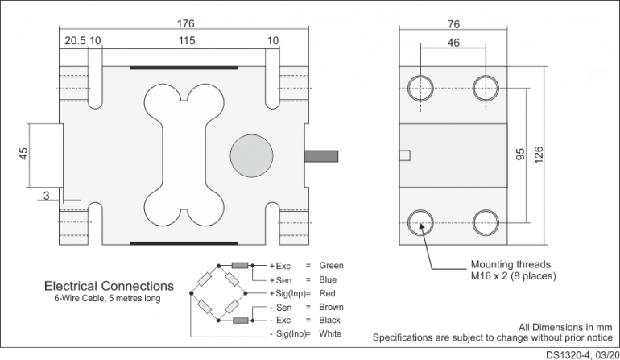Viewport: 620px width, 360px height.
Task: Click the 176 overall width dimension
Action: point(185,23)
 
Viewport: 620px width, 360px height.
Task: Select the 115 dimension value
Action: point(187,41)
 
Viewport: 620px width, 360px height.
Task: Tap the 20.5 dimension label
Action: point(75,41)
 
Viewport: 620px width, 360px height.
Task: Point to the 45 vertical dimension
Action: point(23,154)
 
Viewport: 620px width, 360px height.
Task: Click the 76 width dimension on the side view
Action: point(453,24)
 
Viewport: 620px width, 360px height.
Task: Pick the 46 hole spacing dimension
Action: point(453,43)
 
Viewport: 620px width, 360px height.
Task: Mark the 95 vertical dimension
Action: point(520,155)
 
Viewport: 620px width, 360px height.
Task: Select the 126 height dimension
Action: point(539,155)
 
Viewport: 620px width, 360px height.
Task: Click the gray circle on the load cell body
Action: point(251,156)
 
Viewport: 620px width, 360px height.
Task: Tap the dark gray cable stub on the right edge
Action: point(321,156)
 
